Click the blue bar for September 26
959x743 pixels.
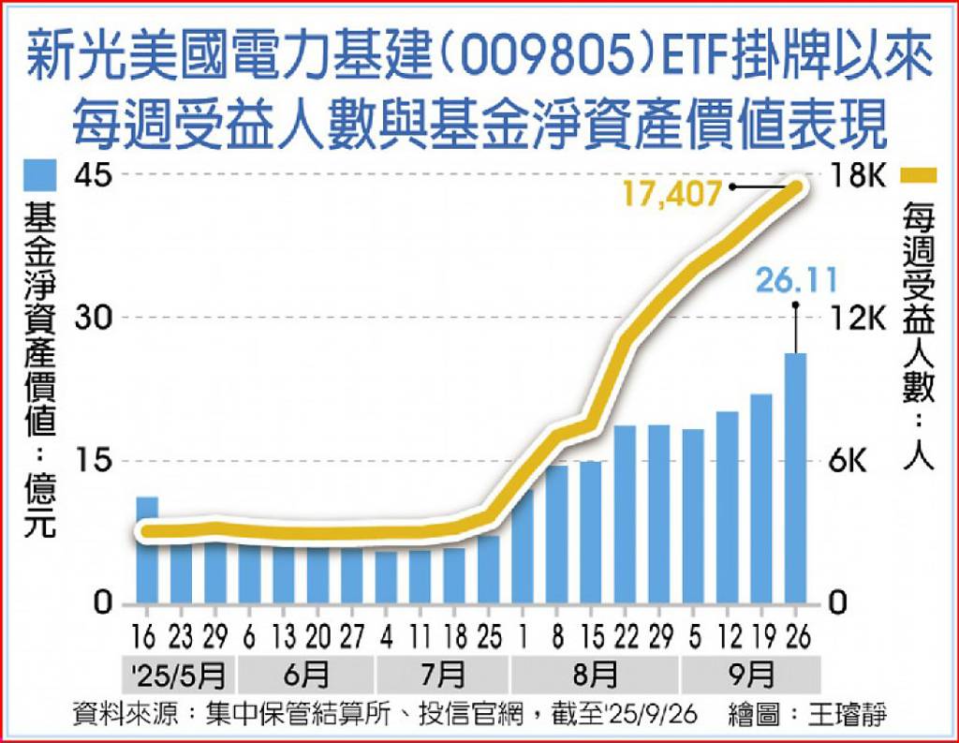point(795,478)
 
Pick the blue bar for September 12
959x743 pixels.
point(728,506)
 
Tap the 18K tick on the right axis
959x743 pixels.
point(858,175)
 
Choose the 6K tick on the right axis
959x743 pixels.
point(858,461)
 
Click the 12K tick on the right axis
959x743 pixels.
point(858,318)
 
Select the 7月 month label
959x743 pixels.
point(443,674)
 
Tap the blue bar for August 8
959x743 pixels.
point(557,534)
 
